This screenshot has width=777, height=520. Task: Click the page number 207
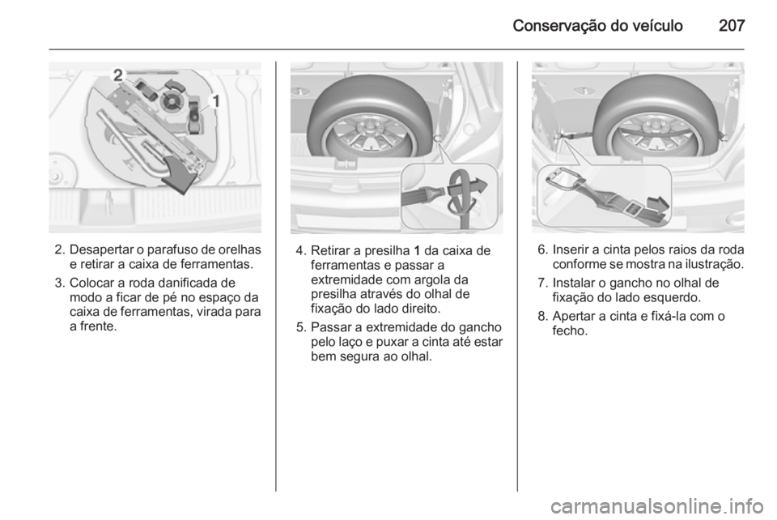[732, 26]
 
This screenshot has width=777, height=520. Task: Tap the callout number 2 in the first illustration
[118, 75]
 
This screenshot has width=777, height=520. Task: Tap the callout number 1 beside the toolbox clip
[215, 101]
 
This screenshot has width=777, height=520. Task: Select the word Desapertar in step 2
[96, 249]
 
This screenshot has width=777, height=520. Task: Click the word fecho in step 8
[570, 330]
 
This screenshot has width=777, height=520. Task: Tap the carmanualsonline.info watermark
[657, 506]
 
